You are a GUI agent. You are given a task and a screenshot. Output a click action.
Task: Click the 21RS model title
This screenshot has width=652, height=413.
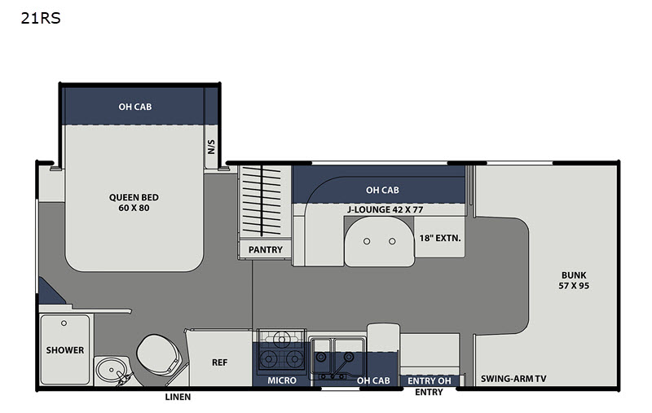[41, 18]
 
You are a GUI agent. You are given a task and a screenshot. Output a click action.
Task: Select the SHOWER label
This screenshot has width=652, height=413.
[65, 350]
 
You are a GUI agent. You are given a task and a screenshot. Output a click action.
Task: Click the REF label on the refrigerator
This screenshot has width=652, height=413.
[219, 362]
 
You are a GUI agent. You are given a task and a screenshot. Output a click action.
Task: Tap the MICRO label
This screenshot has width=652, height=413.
[282, 380]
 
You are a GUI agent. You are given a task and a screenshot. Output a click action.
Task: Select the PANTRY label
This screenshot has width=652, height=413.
[266, 250]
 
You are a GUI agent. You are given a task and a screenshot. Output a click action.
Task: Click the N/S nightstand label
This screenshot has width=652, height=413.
[211, 147]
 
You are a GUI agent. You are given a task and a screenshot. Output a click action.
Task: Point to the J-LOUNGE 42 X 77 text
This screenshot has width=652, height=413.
[385, 210]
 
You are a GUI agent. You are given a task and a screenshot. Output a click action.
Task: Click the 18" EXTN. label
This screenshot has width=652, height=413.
[440, 238]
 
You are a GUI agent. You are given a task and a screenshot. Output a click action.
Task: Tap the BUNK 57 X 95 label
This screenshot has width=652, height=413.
[574, 280]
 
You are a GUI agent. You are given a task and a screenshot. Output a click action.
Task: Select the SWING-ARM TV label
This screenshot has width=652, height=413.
[513, 379]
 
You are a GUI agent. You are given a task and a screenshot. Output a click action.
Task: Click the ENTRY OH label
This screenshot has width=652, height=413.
[430, 380]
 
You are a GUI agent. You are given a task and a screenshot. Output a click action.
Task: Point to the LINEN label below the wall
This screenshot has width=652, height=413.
[178, 397]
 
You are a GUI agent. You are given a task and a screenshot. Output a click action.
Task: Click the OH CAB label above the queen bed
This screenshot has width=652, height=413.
[135, 107]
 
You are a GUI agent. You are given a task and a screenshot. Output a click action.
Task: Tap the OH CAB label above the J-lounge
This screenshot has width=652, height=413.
[382, 190]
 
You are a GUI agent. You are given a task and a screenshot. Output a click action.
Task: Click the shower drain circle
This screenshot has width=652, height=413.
[64, 323]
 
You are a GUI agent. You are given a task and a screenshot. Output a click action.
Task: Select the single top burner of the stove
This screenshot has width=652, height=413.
[282, 340]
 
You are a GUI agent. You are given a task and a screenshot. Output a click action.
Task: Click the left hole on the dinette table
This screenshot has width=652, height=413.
[367, 241]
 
